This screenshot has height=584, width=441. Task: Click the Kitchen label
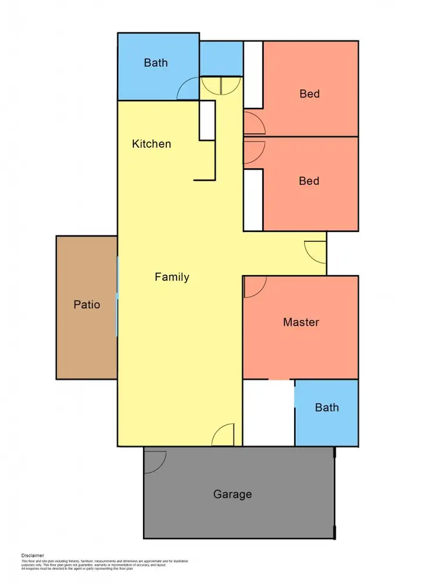pos(152,144)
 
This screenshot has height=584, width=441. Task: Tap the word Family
pos(172,277)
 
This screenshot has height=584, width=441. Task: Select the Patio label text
pos(86,304)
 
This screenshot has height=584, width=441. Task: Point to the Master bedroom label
pos(300,322)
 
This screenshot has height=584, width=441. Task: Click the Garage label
pos(232,494)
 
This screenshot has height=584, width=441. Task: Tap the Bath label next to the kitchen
pos(156,62)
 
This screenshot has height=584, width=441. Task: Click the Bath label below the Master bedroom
pos(326,407)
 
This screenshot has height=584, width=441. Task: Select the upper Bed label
pos(309,94)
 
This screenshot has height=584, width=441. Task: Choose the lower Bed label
pos(309,181)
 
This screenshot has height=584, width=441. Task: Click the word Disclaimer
pos(32,555)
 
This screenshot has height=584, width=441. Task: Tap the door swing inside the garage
pos(155,461)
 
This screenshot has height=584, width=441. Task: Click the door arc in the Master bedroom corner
pos(255,287)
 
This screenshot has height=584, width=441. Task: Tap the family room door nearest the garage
pos(223,436)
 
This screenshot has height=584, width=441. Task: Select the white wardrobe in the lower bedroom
pos(253,200)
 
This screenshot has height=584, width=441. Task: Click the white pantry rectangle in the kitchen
pos(207,120)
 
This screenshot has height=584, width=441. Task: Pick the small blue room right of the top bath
pos(221,58)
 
